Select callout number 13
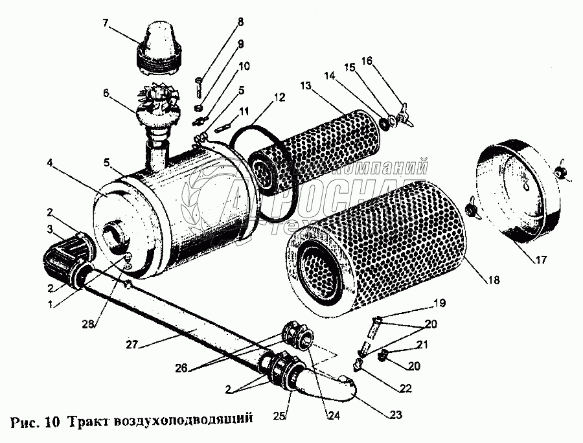(306, 86)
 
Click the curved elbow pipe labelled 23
(334, 389)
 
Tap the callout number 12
(278, 98)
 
